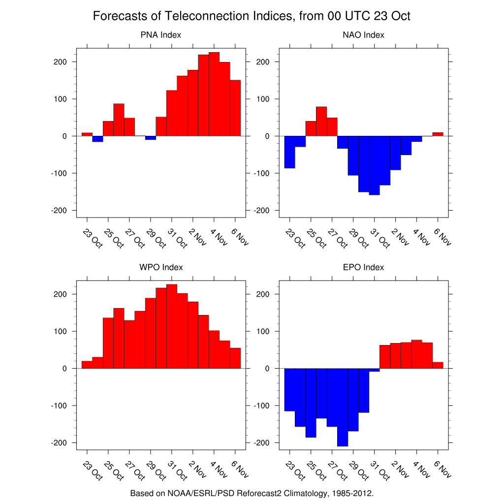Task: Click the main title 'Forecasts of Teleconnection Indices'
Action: tap(252, 16)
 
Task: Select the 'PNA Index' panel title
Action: tap(161, 35)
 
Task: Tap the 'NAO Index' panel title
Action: tap(363, 35)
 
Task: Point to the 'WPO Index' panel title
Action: tap(161, 267)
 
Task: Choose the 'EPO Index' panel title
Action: tap(363, 267)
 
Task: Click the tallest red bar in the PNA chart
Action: tap(214, 94)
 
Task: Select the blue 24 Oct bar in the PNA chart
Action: tap(97, 139)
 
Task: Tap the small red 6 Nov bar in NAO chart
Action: tap(438, 134)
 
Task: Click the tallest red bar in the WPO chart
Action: tap(172, 326)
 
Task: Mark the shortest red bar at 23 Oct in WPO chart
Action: tap(87, 365)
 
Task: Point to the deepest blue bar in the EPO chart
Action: tap(343, 407)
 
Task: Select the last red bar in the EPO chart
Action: tap(438, 365)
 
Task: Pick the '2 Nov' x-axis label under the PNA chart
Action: tap(198, 237)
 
